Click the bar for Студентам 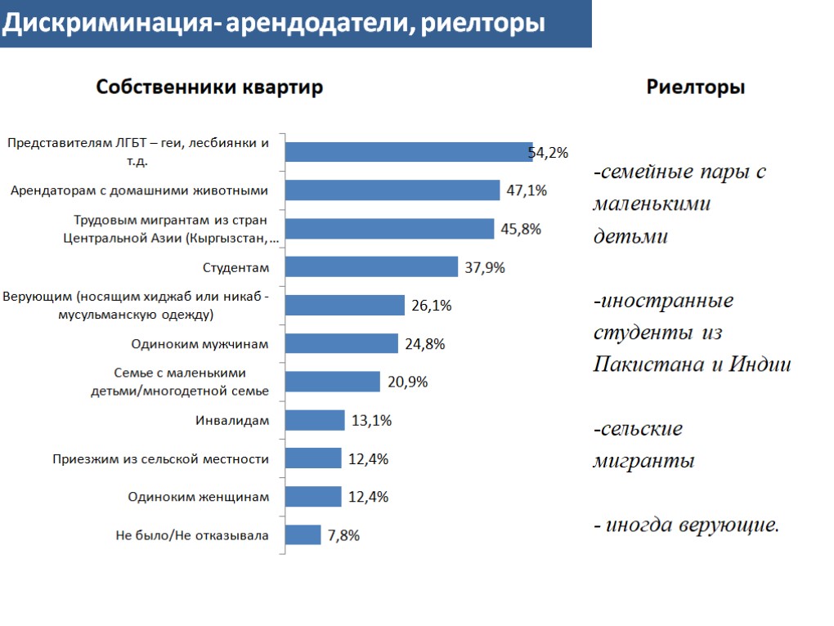pos(372,267)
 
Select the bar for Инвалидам pos(316,420)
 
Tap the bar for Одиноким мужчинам pos(343,344)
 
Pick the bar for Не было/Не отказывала pos(303,535)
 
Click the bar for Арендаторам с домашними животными pos(393,190)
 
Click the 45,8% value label pos(521,229)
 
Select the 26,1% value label pos(432,306)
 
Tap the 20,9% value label pos(407,382)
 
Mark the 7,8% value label pos(343,535)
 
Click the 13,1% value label pos(371,421)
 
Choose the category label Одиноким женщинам pos(199,497)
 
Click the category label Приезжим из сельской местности pos(160,459)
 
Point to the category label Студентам pos(235,267)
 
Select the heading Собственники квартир pos(210,87)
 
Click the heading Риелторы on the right pos(696,87)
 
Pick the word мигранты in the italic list pos(643,461)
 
